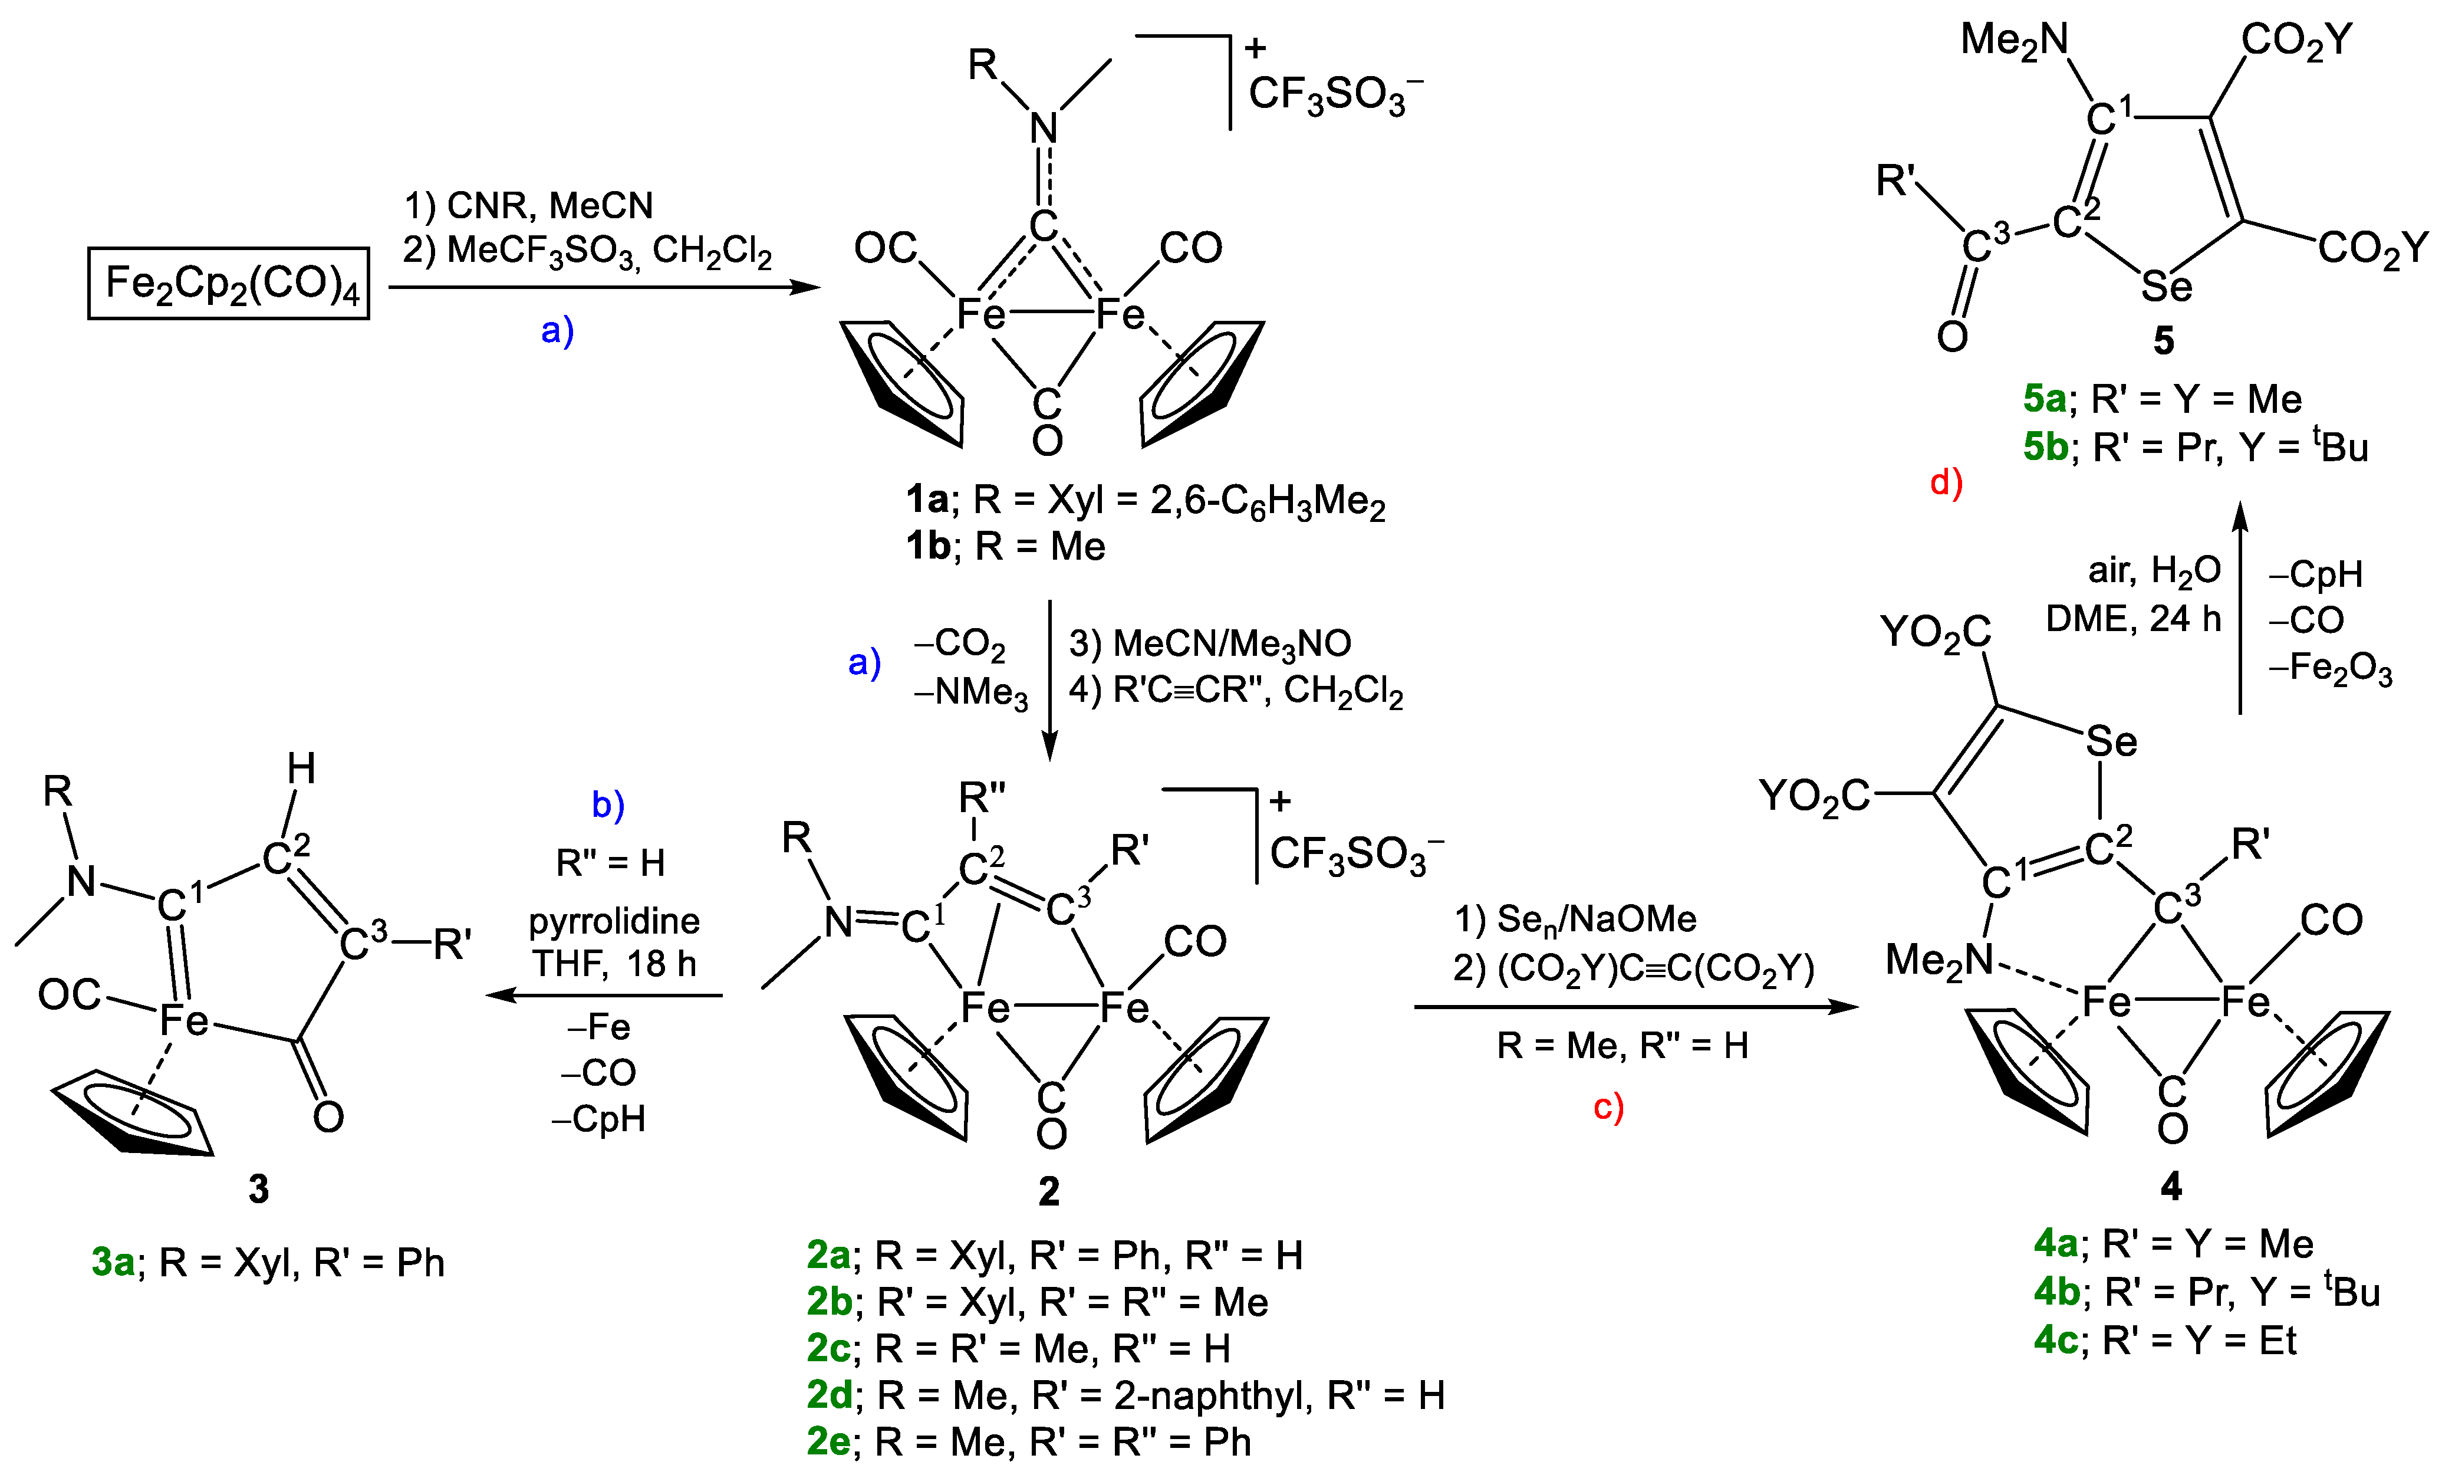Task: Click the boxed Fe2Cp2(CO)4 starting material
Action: click(229, 284)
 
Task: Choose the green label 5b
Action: click(2045, 447)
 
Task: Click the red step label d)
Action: click(1946, 483)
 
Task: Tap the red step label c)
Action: click(1608, 1107)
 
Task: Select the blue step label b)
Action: click(607, 805)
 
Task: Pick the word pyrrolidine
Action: click(614, 921)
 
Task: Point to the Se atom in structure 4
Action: click(2111, 741)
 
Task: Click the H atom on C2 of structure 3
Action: click(301, 768)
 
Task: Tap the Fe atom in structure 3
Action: click(185, 1020)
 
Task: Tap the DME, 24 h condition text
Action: click(2133, 619)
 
